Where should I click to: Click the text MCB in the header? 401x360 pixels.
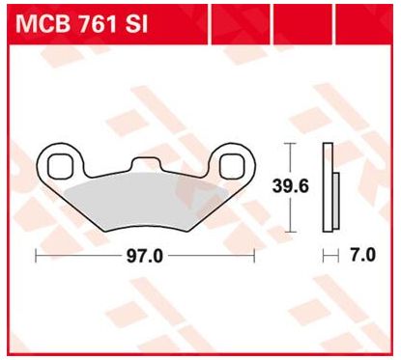43,23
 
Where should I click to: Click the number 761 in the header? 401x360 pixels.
98,23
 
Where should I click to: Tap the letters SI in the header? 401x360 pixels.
136,23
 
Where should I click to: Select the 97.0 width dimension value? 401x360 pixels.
145,256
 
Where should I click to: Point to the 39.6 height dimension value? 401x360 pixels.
291,186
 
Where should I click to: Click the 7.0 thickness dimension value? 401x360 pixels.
362,256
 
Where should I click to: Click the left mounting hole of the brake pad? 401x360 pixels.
60,166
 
